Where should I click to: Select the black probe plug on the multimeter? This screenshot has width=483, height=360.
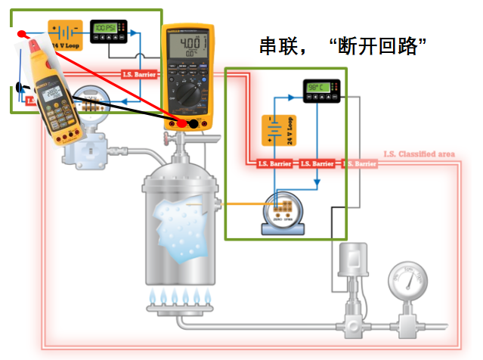point(194,123)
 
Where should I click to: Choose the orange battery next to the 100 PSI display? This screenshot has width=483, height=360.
point(64,35)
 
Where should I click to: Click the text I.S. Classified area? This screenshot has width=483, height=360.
point(419,154)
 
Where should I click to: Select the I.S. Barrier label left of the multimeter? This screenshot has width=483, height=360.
point(139,74)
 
